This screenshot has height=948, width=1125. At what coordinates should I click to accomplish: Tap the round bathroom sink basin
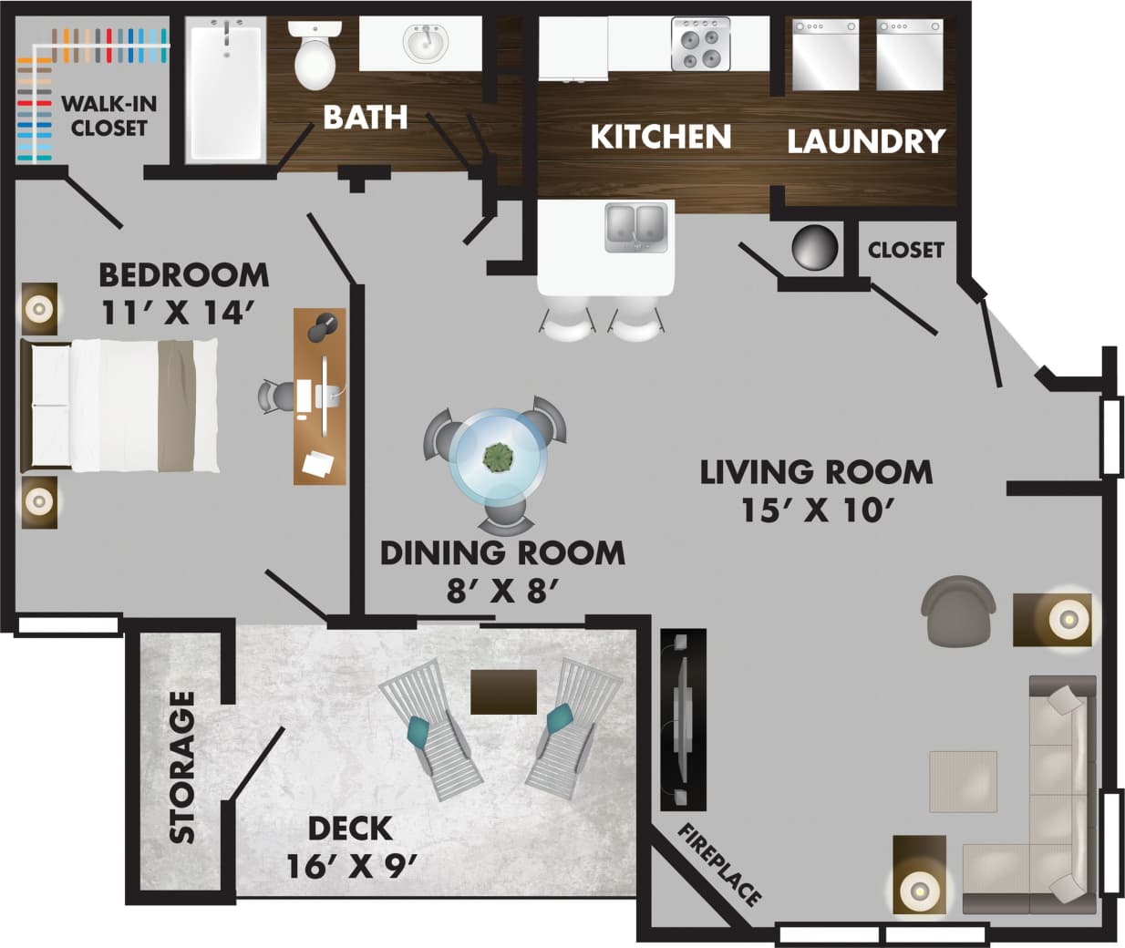(425, 42)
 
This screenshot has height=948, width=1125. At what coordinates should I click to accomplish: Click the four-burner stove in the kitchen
(701, 45)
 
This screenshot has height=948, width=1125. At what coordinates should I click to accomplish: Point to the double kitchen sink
(635, 226)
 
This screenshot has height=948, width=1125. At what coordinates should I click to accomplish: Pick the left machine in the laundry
(825, 56)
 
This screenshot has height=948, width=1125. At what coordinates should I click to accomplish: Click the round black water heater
(813, 246)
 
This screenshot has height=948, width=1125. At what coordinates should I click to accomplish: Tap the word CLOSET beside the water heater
(905, 249)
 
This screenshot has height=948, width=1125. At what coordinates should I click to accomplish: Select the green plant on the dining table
(498, 457)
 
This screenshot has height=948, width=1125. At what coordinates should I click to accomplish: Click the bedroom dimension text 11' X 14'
(176, 313)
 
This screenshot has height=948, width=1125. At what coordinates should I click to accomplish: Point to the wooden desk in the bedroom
(320, 397)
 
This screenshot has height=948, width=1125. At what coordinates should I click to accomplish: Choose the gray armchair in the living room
(958, 611)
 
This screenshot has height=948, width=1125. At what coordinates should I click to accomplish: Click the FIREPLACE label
(719, 863)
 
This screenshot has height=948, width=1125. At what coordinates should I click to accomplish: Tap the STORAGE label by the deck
(182, 767)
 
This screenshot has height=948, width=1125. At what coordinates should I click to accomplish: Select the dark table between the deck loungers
(503, 692)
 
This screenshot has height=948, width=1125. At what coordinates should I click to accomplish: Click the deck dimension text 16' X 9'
(351, 865)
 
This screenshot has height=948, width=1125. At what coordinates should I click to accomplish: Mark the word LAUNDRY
(865, 141)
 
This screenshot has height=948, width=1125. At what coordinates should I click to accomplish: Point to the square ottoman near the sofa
(963, 781)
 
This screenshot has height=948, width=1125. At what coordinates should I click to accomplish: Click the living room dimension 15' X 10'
(814, 510)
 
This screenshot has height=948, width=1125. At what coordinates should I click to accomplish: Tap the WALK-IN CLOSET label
(108, 116)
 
